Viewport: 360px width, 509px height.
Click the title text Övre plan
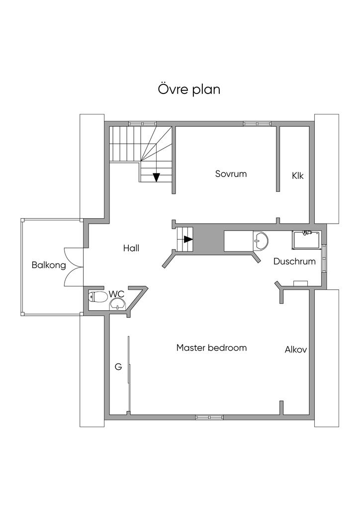(x=189, y=89)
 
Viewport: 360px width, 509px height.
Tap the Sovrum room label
(x=231, y=173)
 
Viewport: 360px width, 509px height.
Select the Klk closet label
(x=297, y=175)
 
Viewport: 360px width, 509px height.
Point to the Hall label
(x=131, y=249)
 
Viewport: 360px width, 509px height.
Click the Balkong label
(x=49, y=265)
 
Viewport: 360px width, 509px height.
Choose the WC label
(x=116, y=294)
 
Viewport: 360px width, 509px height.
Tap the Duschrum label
(x=294, y=261)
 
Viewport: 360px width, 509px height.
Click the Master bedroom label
(x=211, y=347)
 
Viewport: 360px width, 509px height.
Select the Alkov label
(x=296, y=349)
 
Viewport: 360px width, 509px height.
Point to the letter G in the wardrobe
(x=118, y=367)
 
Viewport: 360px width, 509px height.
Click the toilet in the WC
(x=98, y=297)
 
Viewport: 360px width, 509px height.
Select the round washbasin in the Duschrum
(x=261, y=241)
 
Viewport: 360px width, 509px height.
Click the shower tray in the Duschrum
(x=307, y=240)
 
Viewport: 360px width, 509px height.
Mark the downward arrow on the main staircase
(x=157, y=177)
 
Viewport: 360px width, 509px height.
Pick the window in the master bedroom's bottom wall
(x=209, y=417)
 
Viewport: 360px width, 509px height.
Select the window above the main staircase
(x=143, y=124)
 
